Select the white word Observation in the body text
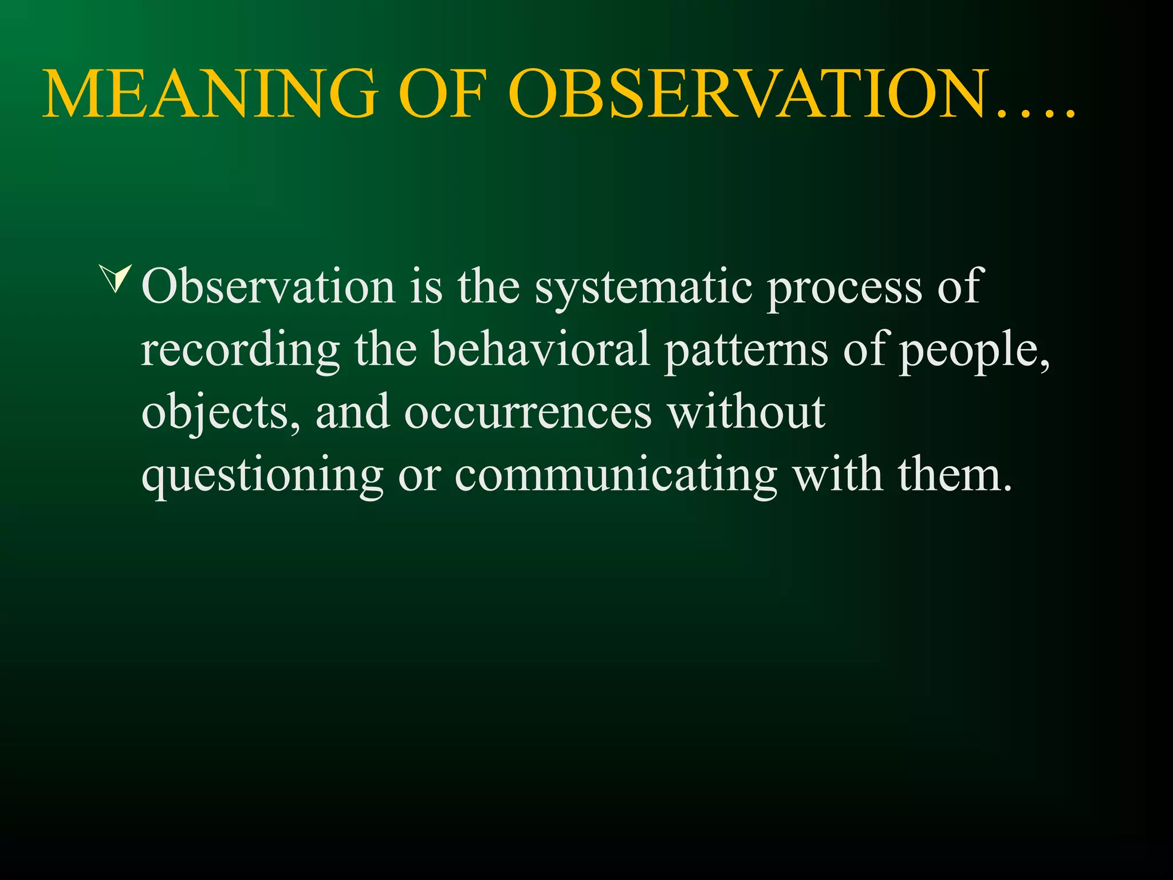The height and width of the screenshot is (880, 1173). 268,286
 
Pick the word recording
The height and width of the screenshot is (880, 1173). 240,350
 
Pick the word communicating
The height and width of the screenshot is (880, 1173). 616,476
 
